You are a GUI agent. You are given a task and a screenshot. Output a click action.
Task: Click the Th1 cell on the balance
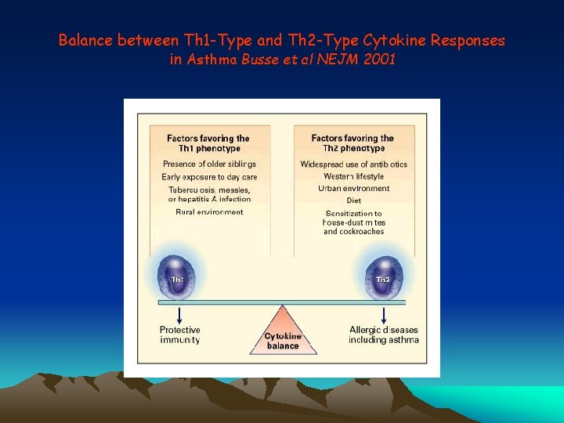pos(180,278)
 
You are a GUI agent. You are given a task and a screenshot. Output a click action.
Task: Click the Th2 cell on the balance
pos(383,278)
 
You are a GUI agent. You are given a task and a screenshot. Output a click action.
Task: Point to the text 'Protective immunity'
pos(180,334)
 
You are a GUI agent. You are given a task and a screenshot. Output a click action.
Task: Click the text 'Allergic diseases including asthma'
pos(384,334)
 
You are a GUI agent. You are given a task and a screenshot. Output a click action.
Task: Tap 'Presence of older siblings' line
pos(209,164)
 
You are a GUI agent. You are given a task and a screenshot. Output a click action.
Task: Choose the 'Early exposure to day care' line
pos(209,177)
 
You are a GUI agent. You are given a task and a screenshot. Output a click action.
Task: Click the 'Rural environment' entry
pos(209,211)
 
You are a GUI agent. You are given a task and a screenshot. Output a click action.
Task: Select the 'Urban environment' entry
pos(353,189)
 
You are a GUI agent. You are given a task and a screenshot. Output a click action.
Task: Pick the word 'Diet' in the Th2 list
pos(353,201)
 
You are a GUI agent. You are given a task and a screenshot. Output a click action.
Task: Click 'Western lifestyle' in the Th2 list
pos(353,177)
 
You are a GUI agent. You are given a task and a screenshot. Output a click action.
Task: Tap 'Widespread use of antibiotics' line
pos(353,164)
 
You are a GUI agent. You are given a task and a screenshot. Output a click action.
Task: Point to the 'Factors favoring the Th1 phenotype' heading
pos(208,143)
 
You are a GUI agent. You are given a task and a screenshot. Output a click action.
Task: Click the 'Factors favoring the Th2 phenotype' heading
pos(353,143)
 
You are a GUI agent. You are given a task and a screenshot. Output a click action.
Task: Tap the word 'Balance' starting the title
pos(85,40)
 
